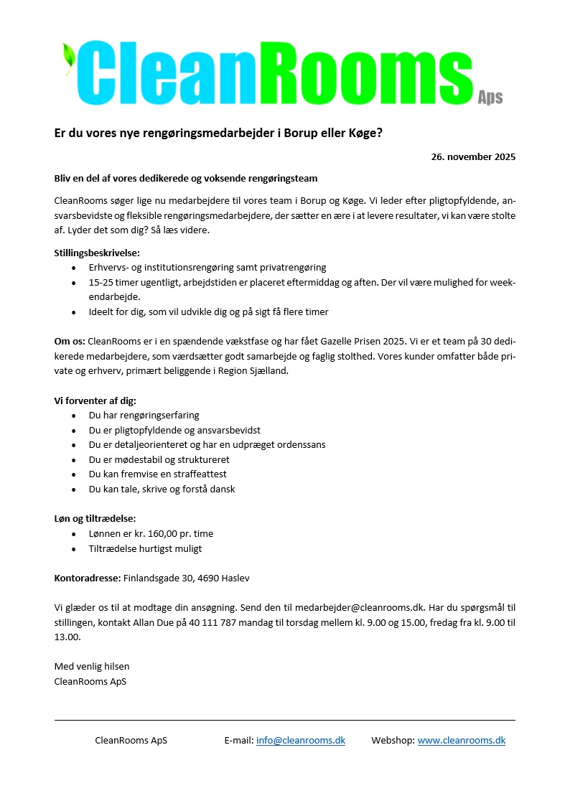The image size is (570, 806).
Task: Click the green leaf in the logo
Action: tap(69, 57)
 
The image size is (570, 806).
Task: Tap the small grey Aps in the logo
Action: tap(490, 98)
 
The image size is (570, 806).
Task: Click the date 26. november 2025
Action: tap(473, 156)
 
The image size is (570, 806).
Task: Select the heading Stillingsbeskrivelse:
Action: tap(97, 252)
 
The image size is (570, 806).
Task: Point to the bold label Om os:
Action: tap(70, 341)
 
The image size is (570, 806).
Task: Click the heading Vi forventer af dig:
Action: tap(95, 400)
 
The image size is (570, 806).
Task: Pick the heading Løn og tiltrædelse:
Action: tap(95, 518)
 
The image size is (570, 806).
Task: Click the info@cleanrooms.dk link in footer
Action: tap(300, 740)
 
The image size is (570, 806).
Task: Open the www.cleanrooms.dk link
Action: tap(461, 740)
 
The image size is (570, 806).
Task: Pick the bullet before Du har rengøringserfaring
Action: tap(75, 416)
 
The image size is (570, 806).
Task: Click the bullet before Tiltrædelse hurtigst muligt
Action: tap(75, 549)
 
